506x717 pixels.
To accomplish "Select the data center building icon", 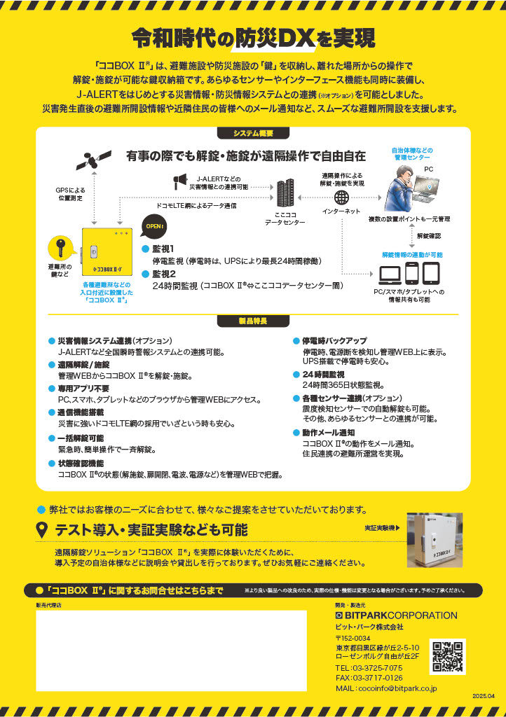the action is point(285,192).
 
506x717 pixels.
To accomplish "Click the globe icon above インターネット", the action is point(341,197).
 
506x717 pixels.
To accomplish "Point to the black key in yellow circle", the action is point(61,249).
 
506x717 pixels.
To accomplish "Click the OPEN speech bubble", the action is point(153,227).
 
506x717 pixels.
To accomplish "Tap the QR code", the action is point(448,656).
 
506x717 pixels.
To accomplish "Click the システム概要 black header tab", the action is point(253,133).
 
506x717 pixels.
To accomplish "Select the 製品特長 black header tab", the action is point(253,321).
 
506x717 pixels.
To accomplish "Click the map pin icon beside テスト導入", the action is point(41,529).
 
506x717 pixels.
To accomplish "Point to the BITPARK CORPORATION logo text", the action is point(396,615).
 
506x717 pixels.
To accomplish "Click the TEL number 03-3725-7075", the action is point(369,668).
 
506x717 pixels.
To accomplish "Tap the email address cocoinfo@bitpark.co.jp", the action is point(386,688).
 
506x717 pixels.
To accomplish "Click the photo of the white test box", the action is point(435,540).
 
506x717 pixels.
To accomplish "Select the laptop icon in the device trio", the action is point(390,274).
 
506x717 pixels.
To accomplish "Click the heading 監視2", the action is point(164,274).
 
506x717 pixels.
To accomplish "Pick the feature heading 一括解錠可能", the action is point(81,438).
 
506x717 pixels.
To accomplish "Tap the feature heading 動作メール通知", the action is point(328,433).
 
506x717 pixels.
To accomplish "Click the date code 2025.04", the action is point(484,696).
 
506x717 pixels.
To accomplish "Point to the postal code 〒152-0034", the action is point(353,638).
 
